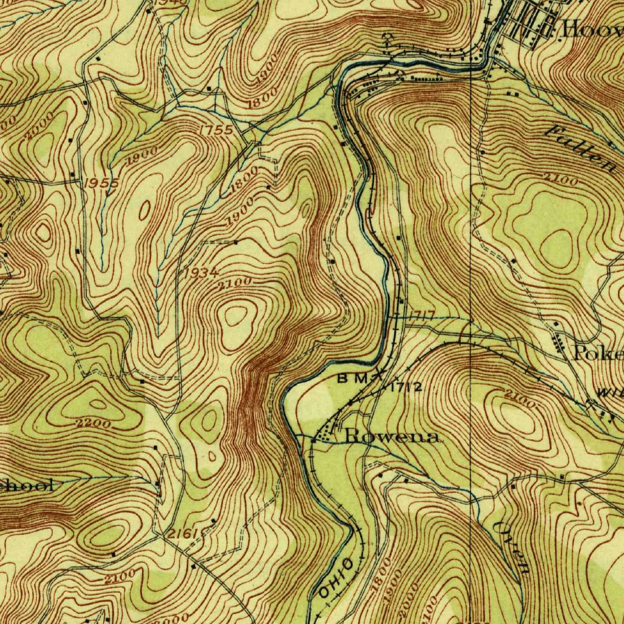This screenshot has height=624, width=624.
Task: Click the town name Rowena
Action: point(392,436)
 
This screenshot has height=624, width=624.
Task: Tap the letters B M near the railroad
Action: point(353,378)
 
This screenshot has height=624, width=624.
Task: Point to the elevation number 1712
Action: point(406,387)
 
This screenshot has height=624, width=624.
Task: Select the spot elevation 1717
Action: point(421,316)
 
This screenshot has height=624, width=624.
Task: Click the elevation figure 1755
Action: point(216,130)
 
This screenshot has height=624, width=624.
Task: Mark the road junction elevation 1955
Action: point(101,183)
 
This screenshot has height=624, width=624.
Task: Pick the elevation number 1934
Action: point(200,272)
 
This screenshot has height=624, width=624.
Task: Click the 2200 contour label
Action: point(94,423)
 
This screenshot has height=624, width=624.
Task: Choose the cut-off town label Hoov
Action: point(591,29)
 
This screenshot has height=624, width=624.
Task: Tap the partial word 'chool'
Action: point(27,486)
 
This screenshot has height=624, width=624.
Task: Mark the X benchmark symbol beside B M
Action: point(381,374)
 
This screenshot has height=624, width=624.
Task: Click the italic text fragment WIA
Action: point(609,394)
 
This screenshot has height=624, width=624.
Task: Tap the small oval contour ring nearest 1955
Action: point(145,211)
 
